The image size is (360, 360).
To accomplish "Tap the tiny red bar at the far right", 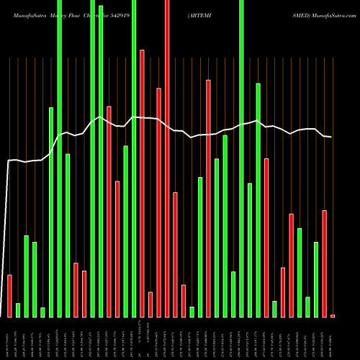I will pyautogui.click(x=333, y=315).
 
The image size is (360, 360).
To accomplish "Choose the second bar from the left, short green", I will pyautogui.click(x=18, y=310).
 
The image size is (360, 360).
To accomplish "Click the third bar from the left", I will pyautogui.click(x=27, y=276).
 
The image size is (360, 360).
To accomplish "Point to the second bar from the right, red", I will pyautogui.click(x=324, y=263).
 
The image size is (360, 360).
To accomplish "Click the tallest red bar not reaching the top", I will pyautogui.click(x=142, y=183).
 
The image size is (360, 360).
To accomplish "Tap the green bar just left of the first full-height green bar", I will pyautogui.click(x=51, y=212).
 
